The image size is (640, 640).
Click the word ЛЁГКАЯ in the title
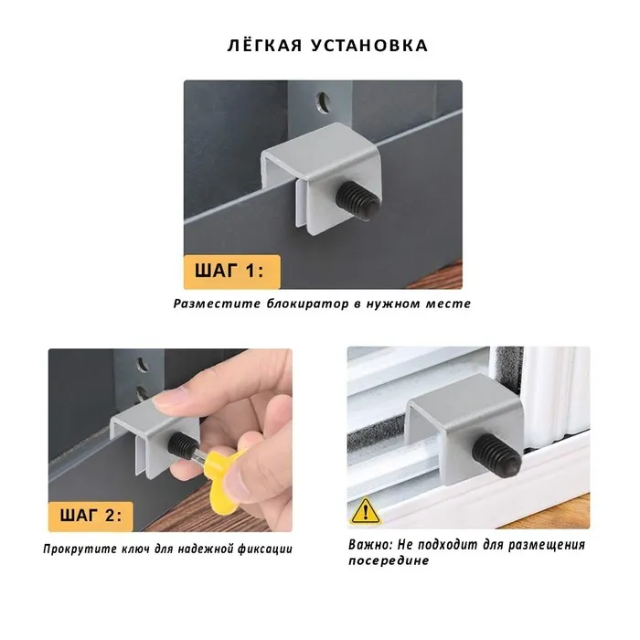tap(265, 45)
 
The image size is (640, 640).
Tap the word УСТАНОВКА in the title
tap(369, 46)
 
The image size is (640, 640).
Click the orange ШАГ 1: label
tap(232, 272)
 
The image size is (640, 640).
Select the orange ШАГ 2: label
tap(91, 516)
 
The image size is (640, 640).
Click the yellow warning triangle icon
tap(366, 512)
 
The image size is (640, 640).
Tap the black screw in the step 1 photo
tap(357, 200)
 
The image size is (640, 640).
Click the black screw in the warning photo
tap(496, 455)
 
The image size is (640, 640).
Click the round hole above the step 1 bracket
tap(324, 102)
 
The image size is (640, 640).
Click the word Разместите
tap(217, 304)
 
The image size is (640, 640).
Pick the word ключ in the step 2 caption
tap(136, 549)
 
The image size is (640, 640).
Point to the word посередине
tap(389, 560)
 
